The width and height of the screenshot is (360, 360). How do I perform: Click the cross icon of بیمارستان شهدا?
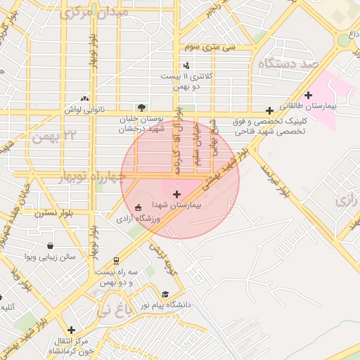pyautogui.click(x=176, y=193)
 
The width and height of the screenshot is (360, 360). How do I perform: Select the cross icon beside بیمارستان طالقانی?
pyautogui.click(x=308, y=95)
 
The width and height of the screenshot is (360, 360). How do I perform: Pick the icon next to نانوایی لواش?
pyautogui.click(x=85, y=99)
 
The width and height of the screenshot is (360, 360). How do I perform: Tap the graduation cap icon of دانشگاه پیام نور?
pyautogui.click(x=165, y=295)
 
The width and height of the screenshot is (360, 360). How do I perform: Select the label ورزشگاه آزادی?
pyautogui.click(x=139, y=219)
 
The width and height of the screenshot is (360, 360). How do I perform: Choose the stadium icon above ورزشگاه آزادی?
pyautogui.click(x=138, y=207)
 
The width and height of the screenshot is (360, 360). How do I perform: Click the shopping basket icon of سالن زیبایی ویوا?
pyautogui.click(x=51, y=246)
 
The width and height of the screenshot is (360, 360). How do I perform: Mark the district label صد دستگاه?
pyautogui.click(x=288, y=65)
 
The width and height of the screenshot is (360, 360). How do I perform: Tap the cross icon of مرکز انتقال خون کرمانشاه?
pyautogui.click(x=71, y=329)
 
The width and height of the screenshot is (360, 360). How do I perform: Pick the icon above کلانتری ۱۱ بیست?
pyautogui.click(x=186, y=65)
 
